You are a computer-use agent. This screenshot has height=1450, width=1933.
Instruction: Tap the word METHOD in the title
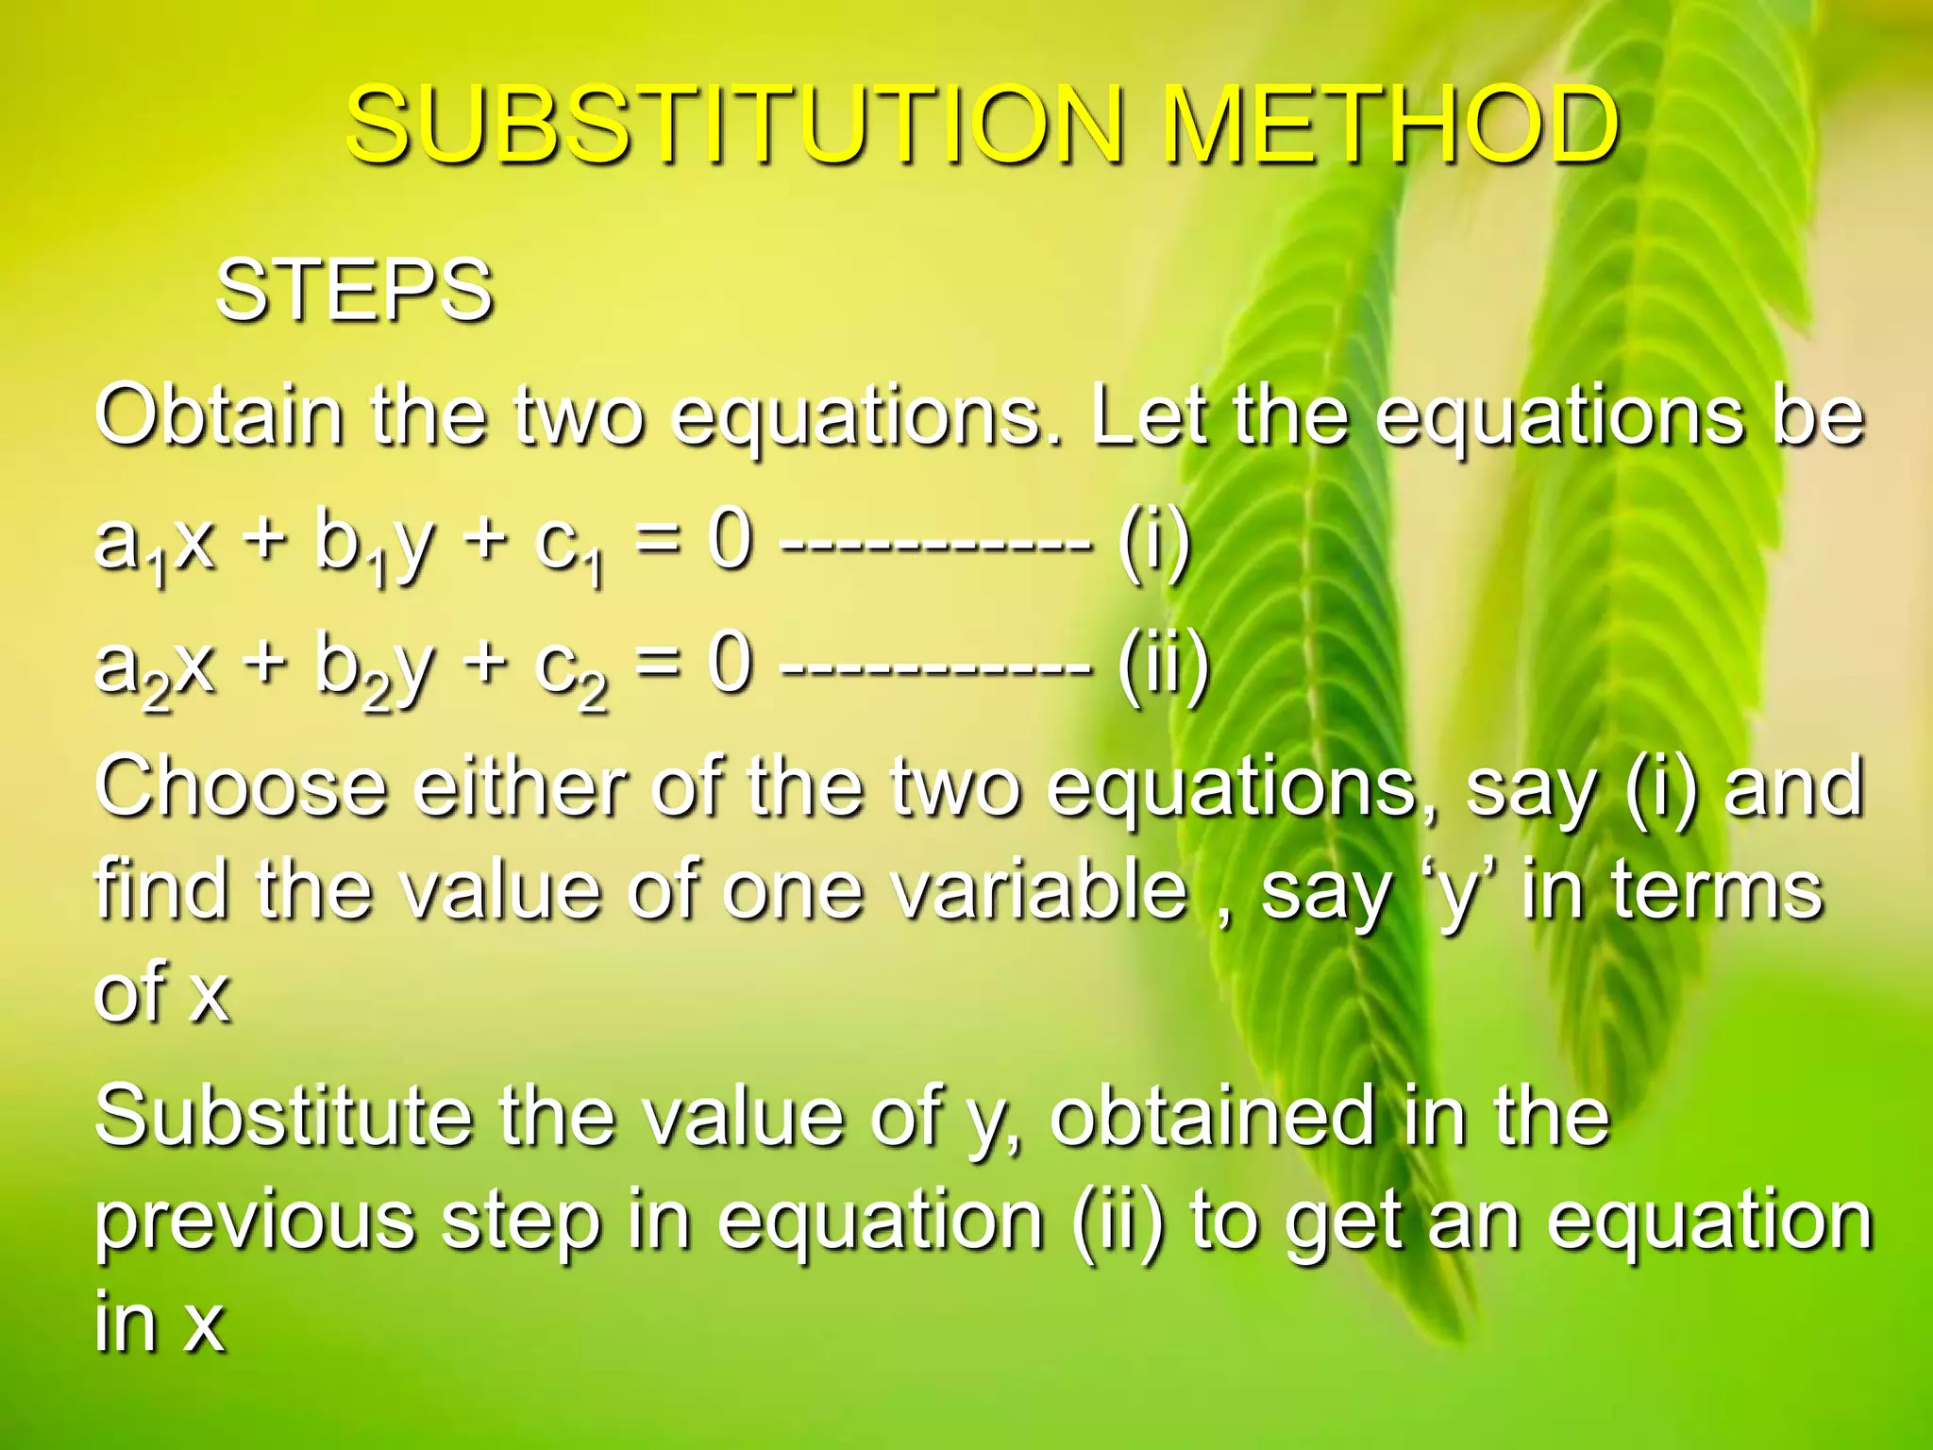point(1389,125)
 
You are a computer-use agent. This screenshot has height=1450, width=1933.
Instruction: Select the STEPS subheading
point(354,290)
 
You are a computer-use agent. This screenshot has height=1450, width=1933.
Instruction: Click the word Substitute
point(283,1116)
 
